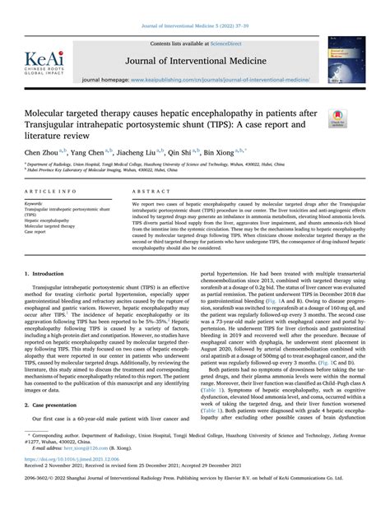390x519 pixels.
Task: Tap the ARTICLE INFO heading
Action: (x=46, y=190)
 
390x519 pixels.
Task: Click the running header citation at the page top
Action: (x=195, y=24)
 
